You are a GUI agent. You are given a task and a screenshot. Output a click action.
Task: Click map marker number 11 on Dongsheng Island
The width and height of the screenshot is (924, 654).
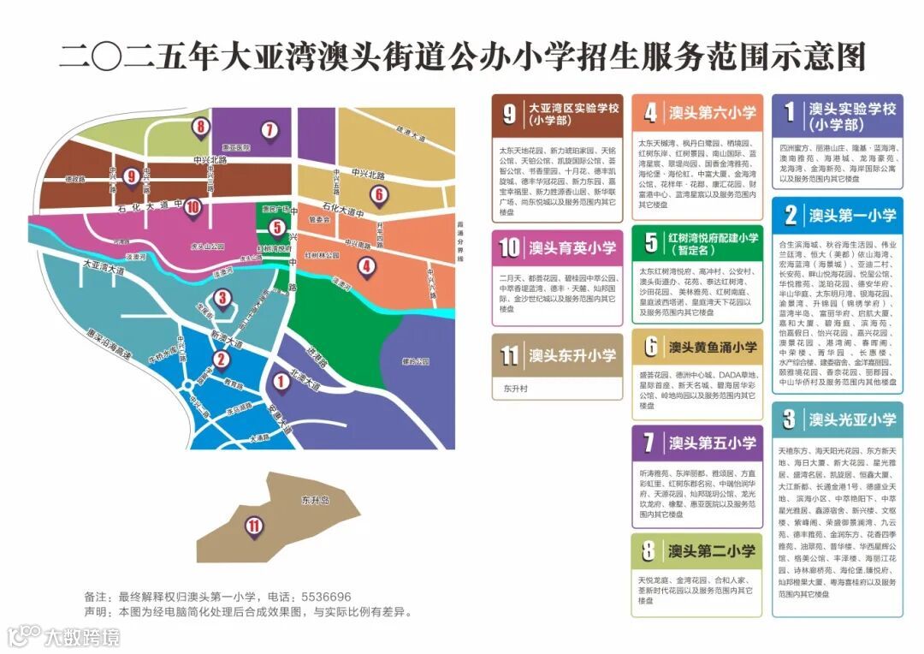(x=253, y=525)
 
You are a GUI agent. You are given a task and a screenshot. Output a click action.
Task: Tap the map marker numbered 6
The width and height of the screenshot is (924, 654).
(x=378, y=194)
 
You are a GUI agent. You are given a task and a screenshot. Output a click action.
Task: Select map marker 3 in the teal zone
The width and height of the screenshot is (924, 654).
(x=222, y=298)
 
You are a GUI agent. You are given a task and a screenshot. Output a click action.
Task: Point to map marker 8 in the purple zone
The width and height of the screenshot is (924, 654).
(x=201, y=128)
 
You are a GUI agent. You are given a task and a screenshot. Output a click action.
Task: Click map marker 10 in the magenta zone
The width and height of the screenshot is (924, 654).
(x=192, y=206)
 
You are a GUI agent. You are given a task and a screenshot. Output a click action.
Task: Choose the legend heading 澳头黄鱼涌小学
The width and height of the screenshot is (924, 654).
(x=713, y=348)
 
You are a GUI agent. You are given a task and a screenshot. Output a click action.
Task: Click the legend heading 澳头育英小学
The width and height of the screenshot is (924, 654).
(x=572, y=248)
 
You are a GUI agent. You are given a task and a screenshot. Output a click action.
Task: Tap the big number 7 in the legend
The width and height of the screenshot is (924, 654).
(x=650, y=443)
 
